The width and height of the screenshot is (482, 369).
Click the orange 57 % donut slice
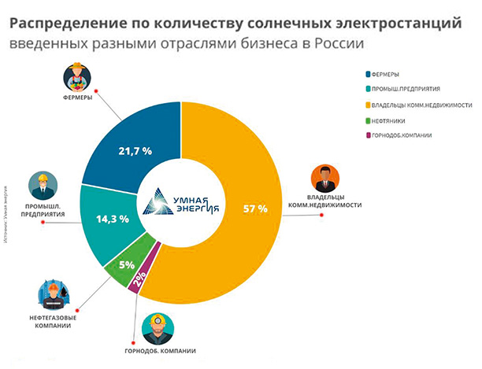(x=252, y=236)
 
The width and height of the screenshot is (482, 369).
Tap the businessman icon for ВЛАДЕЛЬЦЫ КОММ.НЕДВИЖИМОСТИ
(x=324, y=179)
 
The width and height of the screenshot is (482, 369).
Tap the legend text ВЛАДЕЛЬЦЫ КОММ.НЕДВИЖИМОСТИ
(x=417, y=105)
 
